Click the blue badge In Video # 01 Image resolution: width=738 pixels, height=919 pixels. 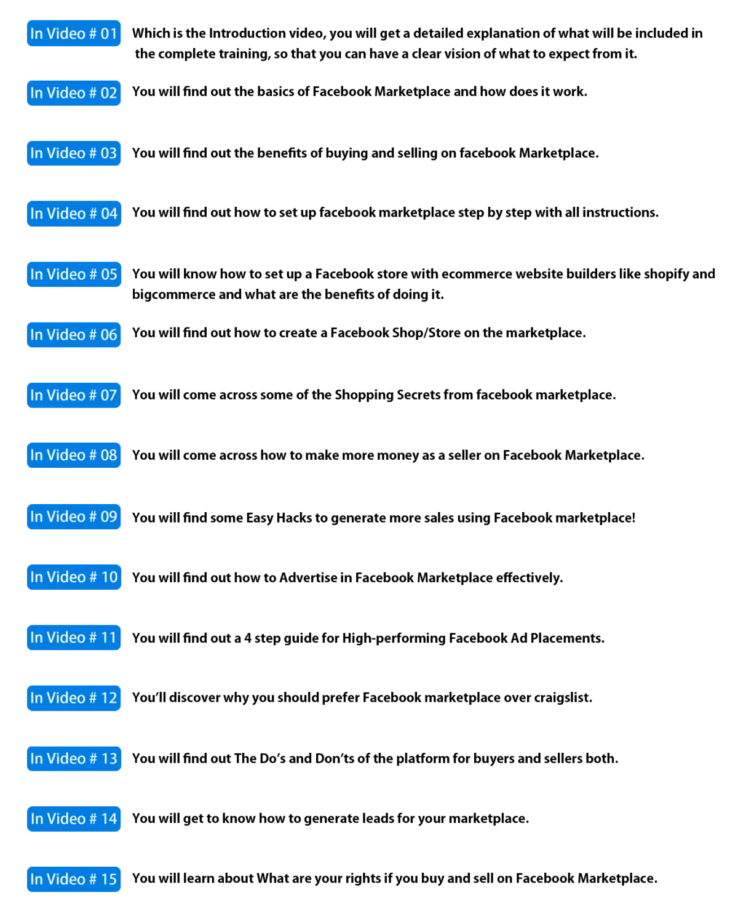(x=74, y=33)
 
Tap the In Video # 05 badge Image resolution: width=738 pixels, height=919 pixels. (x=74, y=274)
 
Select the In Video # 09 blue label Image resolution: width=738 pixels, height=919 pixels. (x=74, y=516)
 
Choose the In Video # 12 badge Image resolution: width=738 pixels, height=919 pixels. (x=74, y=698)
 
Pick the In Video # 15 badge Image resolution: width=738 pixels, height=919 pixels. (x=74, y=879)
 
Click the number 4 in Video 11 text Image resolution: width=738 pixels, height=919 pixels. (x=248, y=638)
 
